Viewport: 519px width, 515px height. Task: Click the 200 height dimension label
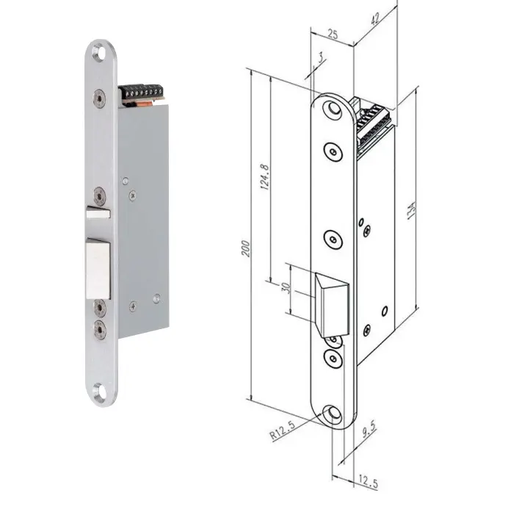[x=246, y=248]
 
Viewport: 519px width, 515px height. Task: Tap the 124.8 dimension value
[x=265, y=176]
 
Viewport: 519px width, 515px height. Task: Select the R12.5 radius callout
[x=283, y=431]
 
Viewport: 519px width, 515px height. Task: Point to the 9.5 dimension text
[x=369, y=430]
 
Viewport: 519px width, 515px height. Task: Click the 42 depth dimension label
[x=374, y=19]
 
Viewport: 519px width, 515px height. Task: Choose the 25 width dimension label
[x=333, y=34]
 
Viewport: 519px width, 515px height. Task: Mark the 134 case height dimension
[x=411, y=210]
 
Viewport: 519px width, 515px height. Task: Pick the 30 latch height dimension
[x=286, y=287]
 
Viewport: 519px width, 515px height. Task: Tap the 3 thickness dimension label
[x=320, y=58]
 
